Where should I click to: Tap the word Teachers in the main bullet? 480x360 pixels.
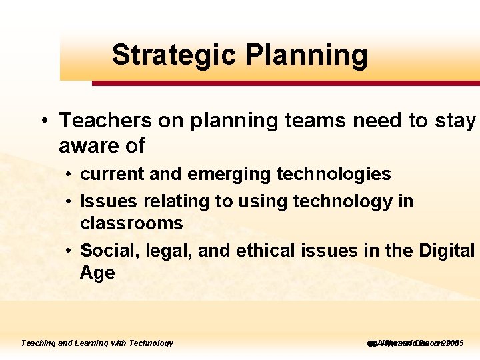click(x=105, y=121)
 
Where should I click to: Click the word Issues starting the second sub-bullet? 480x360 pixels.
click(x=103, y=201)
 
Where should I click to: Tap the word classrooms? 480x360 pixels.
click(x=131, y=223)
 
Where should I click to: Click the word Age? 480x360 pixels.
click(x=97, y=273)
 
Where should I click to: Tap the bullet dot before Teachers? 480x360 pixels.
click(x=43, y=121)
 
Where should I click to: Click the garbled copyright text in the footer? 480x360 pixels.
click(x=415, y=343)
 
